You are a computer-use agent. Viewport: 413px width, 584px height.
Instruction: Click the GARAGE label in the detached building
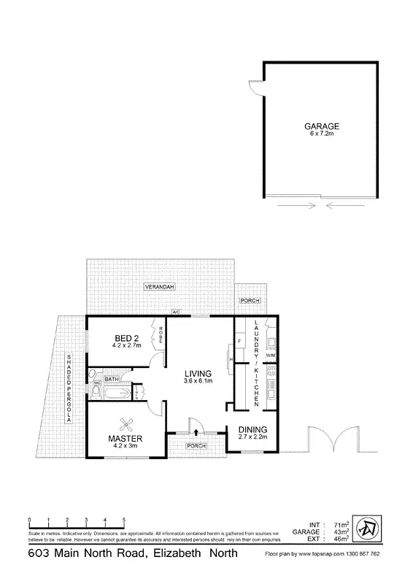pyautogui.click(x=322, y=126)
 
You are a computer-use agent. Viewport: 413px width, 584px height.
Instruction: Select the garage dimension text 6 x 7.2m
pyautogui.click(x=322, y=134)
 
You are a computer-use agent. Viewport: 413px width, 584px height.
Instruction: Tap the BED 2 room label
pyautogui.click(x=127, y=337)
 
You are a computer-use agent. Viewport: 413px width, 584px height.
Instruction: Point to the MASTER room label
pyautogui.click(x=124, y=438)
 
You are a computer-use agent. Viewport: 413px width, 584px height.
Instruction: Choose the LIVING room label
pyautogui.click(x=198, y=374)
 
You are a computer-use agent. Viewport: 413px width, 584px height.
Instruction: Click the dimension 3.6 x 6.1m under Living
pyautogui.click(x=198, y=382)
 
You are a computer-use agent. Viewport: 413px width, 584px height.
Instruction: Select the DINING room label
pyautogui.click(x=253, y=429)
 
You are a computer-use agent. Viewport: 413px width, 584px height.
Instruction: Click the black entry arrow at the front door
pyautogui.click(x=195, y=433)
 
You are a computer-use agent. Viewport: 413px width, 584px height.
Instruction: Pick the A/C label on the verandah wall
pyautogui.click(x=176, y=313)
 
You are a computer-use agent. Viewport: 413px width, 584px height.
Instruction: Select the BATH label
pyautogui.click(x=112, y=380)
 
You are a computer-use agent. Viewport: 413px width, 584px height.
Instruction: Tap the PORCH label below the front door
pyautogui.click(x=195, y=445)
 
